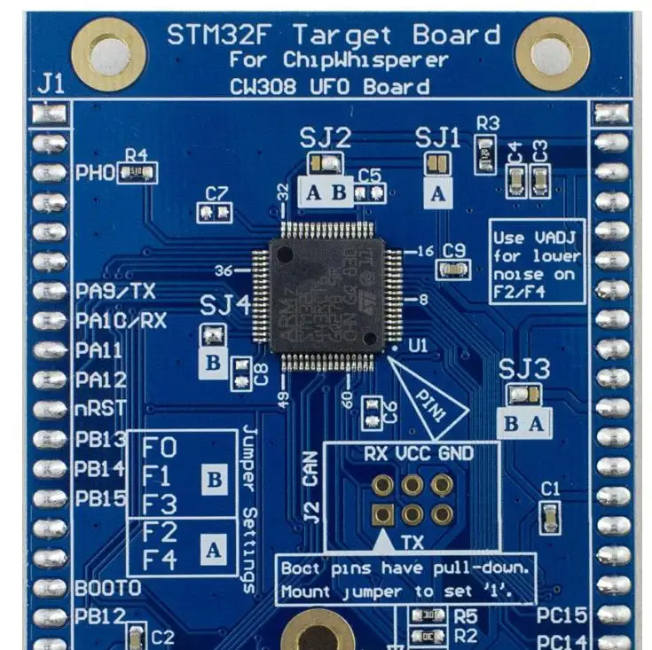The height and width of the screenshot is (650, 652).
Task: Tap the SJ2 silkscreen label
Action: click(324, 138)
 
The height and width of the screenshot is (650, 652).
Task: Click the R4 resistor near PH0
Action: click(137, 173)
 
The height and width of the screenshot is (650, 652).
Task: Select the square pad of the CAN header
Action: click(383, 513)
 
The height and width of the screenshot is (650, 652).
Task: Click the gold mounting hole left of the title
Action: click(110, 51)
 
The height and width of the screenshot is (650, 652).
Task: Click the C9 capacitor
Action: click(452, 269)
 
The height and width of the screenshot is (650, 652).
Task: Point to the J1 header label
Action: click(51, 85)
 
